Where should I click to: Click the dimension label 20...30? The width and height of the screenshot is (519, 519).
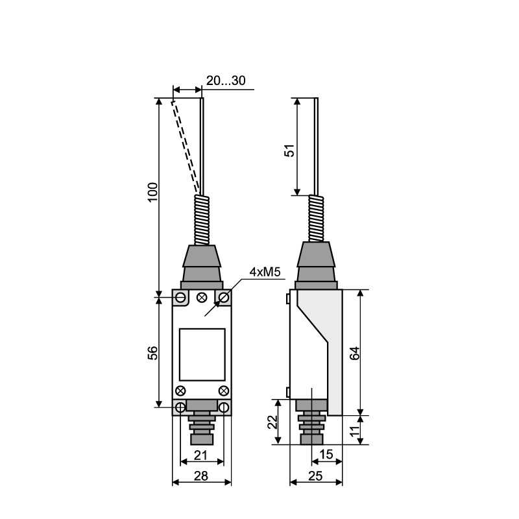(x=226, y=80)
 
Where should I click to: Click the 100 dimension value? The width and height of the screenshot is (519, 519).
(x=152, y=192)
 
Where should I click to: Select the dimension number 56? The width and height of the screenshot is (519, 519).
(x=152, y=353)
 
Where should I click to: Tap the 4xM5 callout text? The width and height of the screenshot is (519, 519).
(x=265, y=272)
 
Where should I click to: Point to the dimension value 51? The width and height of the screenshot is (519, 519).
(x=289, y=151)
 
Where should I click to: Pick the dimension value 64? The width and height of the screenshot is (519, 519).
(x=354, y=353)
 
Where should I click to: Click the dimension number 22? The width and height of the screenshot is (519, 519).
(x=272, y=422)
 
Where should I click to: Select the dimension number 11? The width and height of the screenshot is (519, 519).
(x=354, y=430)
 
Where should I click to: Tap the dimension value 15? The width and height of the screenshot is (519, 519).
(x=326, y=455)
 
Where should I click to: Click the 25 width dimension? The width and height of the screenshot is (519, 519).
(x=315, y=476)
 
